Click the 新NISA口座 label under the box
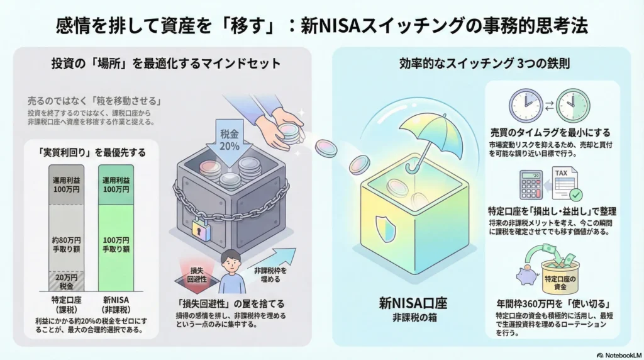tap(412, 301)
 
